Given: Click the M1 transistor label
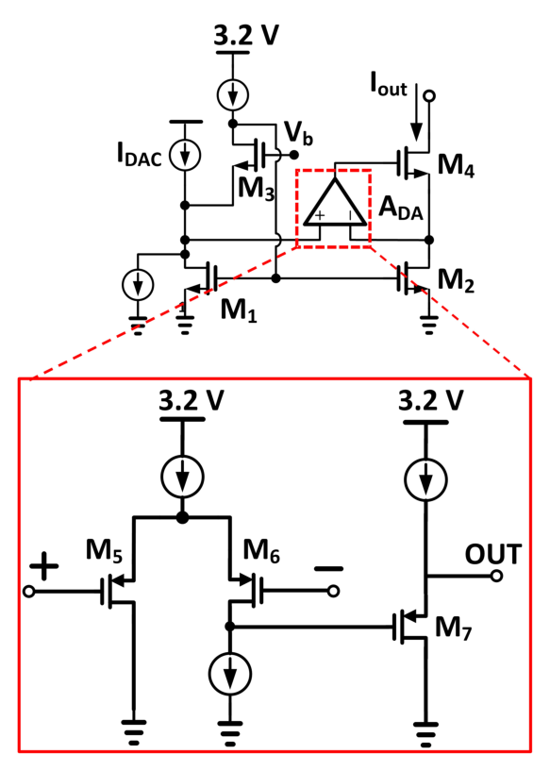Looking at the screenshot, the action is tap(239, 310).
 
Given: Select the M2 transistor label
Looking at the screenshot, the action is tap(456, 281).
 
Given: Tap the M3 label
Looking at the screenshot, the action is tap(256, 189).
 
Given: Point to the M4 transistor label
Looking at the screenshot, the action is tap(456, 165).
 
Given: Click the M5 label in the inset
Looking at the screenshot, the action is tap(104, 550).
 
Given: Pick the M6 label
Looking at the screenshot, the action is tap(261, 550).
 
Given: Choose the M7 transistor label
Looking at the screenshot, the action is tap(454, 628).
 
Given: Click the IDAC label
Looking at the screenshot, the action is tap(139, 155).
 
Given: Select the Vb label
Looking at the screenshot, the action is tap(298, 133).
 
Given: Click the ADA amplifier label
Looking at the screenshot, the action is tap(401, 209).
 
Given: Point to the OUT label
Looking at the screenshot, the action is tap(493, 555).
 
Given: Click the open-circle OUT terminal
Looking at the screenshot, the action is tap(497, 576).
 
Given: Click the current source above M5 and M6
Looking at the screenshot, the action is tap(182, 477).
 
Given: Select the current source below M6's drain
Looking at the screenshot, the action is tap(230, 674).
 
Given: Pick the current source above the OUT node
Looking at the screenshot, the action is tap(425, 479).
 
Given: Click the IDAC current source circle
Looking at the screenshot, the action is tap(185, 155).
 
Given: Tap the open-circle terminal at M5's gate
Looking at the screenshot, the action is tap(29, 591).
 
